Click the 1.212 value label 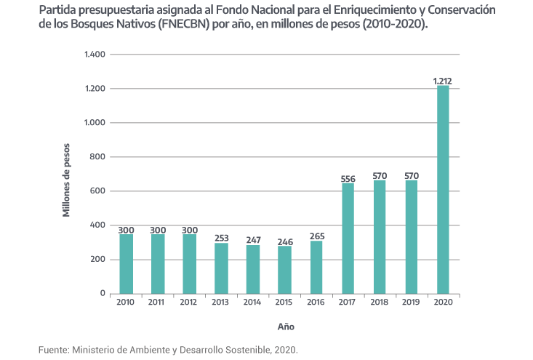443,81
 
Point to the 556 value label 348,178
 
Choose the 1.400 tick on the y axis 95,55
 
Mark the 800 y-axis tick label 98,157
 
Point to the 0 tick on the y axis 103,294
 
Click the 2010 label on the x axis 126,303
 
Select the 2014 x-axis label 252,303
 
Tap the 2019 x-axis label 411,303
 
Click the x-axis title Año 285,326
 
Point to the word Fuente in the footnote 52,350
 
